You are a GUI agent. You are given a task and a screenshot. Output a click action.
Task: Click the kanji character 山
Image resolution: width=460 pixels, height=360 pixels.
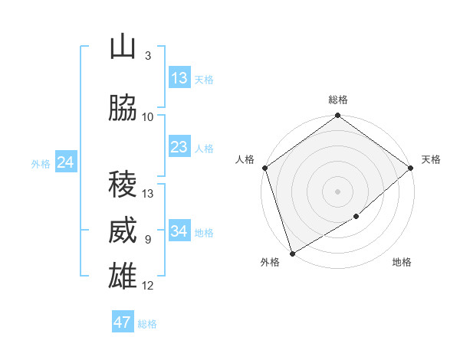pyautogui.click(x=123, y=48)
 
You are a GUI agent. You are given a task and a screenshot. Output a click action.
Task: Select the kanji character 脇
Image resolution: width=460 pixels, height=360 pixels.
pyautogui.click(x=123, y=109)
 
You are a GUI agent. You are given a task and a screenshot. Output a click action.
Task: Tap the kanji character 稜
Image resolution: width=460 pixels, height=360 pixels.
pyautogui.click(x=123, y=185)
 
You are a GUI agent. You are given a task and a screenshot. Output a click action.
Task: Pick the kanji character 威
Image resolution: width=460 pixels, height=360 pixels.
pyautogui.click(x=123, y=231)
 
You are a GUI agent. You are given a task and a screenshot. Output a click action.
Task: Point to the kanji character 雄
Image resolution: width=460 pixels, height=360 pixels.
pyautogui.click(x=123, y=277)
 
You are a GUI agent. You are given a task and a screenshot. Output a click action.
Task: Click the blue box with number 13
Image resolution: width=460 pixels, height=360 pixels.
pyautogui.click(x=179, y=78)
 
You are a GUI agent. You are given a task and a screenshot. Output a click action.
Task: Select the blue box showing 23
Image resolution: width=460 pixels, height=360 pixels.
pyautogui.click(x=179, y=147)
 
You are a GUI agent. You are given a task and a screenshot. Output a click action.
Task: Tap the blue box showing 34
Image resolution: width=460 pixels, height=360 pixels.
pyautogui.click(x=179, y=231)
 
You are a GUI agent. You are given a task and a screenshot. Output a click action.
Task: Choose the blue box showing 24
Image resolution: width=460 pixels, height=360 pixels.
pyautogui.click(x=66, y=162)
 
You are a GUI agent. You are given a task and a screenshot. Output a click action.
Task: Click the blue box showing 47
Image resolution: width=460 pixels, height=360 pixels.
pyautogui.click(x=123, y=322)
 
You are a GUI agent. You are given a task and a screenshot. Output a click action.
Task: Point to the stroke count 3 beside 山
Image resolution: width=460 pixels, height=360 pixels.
pyautogui.click(x=148, y=56)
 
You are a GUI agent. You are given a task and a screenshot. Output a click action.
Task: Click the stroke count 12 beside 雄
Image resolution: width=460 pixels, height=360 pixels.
pyautogui.click(x=148, y=286)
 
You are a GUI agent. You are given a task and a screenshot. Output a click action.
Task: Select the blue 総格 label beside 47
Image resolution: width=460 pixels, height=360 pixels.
pyautogui.click(x=147, y=324)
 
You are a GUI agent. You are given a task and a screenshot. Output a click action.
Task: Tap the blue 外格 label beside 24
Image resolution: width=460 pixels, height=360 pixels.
pyautogui.click(x=41, y=163)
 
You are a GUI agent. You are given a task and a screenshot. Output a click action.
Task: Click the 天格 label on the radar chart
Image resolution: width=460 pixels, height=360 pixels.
pyautogui.click(x=431, y=159)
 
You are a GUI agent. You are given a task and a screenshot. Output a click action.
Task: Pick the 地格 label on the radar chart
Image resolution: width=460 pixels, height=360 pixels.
pyautogui.click(x=402, y=262)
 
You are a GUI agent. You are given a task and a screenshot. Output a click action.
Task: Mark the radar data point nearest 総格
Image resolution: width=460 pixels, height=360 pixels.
pyautogui.click(x=337, y=116)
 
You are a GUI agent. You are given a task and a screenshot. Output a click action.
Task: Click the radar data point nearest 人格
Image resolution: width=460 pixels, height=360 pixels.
pyautogui.click(x=264, y=168)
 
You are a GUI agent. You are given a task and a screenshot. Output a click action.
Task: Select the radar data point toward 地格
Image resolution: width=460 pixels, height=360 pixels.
pyautogui.click(x=356, y=218)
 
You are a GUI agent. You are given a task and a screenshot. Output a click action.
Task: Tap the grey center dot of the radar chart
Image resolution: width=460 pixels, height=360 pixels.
pyautogui.click(x=337, y=191)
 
